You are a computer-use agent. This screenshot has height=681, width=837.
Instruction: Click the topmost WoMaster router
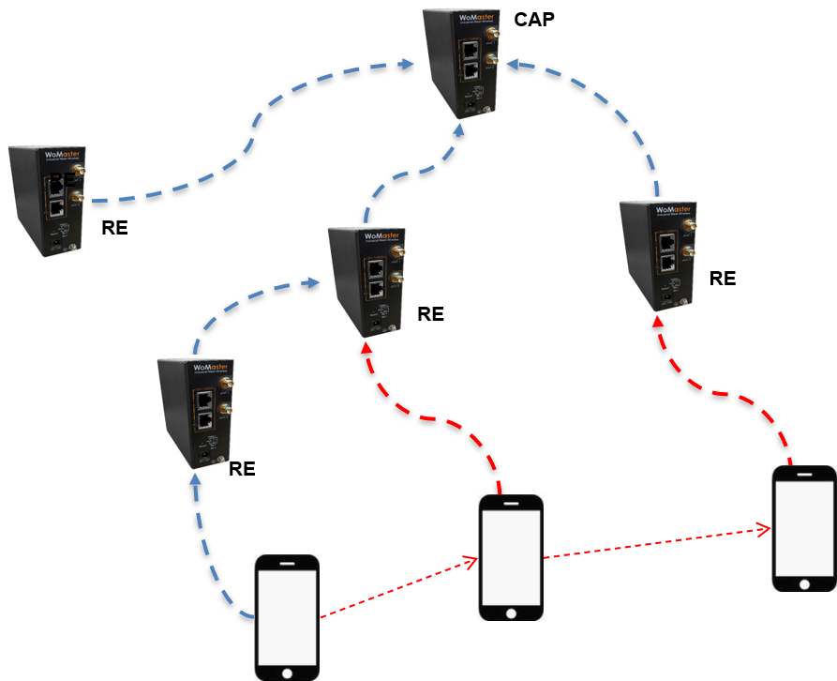[x=460, y=63]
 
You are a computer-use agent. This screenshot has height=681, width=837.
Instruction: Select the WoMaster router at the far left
[x=46, y=201]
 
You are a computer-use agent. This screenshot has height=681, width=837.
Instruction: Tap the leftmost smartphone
[x=287, y=616]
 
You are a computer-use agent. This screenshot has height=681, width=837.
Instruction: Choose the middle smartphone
[x=511, y=557]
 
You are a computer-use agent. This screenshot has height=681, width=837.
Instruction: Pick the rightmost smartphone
[x=804, y=528]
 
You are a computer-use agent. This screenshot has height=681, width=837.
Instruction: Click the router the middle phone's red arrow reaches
[x=365, y=282]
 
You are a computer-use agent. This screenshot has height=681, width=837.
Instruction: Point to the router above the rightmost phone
[x=656, y=255]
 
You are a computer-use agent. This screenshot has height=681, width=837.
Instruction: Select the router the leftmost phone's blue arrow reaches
[x=194, y=413]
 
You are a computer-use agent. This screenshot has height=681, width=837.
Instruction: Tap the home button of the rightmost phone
[x=804, y=583]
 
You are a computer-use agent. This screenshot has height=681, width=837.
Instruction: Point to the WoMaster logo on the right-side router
[x=672, y=209]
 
